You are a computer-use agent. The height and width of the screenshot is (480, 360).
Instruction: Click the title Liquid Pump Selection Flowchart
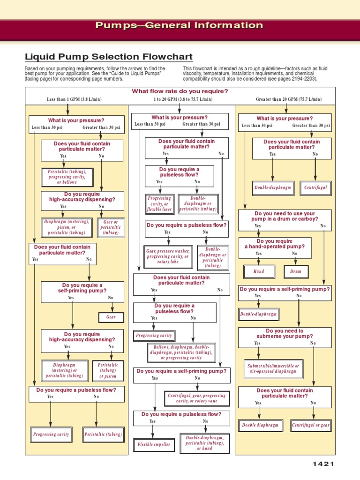click(x=108, y=57)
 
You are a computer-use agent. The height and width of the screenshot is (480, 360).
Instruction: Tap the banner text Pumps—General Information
click(x=180, y=25)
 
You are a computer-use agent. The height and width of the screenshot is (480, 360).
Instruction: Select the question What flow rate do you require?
click(x=180, y=91)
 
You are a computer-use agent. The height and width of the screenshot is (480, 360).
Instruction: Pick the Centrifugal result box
click(x=315, y=188)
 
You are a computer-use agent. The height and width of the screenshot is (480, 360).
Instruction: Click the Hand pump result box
click(x=258, y=271)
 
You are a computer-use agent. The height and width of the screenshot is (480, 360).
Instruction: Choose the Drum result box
click(x=296, y=271)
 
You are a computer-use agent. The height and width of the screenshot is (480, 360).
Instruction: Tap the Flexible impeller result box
click(x=154, y=444)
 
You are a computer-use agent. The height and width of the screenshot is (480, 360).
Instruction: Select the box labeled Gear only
click(x=111, y=317)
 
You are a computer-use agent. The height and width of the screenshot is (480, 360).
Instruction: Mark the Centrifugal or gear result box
click(x=311, y=425)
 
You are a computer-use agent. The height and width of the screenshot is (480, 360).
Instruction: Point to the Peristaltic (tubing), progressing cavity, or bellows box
click(x=67, y=177)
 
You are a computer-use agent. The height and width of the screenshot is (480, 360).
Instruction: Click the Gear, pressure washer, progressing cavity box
click(x=167, y=257)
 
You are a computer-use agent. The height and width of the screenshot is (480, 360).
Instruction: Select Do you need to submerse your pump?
click(x=285, y=333)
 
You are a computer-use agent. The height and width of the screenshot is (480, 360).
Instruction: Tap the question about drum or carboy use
click(x=285, y=216)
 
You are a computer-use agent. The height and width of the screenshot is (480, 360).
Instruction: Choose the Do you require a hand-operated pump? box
click(x=275, y=244)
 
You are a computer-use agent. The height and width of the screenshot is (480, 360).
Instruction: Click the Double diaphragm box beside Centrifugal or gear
click(x=260, y=425)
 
